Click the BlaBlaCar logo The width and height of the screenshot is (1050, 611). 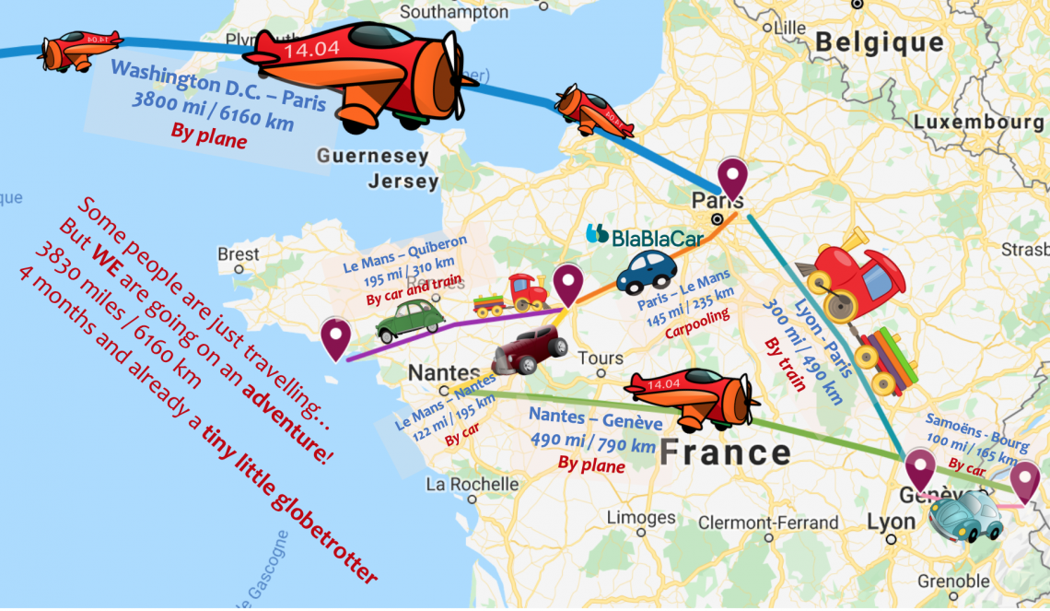pos(645,236)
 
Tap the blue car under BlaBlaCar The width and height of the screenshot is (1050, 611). pos(646,271)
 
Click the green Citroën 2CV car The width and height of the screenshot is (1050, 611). pos(410,322)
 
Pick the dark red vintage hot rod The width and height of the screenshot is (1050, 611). pos(530,351)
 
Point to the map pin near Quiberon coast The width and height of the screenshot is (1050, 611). pos(336,337)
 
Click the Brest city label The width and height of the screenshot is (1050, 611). pos(239,253)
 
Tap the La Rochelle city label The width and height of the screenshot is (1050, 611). pos(472,484)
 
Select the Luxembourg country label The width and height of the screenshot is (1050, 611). pos(978,123)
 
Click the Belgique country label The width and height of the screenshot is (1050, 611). pos(880,42)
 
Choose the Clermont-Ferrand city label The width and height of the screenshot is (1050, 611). pos(768,523)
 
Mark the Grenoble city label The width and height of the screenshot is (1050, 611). pos(953,582)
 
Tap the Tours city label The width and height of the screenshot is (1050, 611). pos(601,358)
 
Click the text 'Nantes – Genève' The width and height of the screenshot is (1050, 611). pos(595,421)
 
